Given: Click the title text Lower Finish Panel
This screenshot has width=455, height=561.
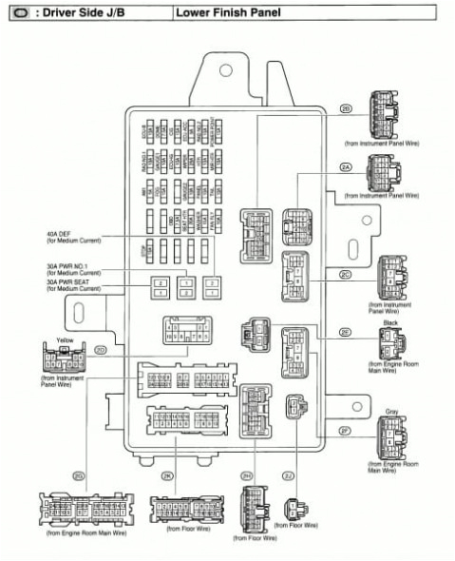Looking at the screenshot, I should click(219, 12).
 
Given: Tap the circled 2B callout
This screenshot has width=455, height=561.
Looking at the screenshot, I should click(346, 109).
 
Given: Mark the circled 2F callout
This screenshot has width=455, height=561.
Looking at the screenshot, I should click(346, 430).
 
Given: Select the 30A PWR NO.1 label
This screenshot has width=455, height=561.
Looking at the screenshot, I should click(66, 265).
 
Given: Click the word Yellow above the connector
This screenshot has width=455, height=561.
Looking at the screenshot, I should click(66, 339).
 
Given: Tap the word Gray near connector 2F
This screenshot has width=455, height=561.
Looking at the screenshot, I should click(391, 412).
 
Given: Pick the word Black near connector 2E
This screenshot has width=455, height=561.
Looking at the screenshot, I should click(390, 322).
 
